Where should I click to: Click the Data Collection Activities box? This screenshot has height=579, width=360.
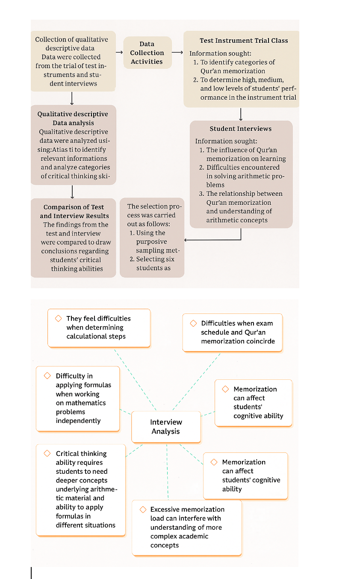pos(147,53)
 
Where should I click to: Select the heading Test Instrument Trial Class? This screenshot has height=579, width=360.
pos(244,41)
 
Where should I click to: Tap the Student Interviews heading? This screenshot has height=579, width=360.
pos(240,129)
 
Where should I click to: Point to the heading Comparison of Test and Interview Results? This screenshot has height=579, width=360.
pos(74,211)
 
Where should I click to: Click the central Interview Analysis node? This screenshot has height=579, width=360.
pos(166,427)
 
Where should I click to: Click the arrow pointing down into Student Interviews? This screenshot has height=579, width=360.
pos(241,114)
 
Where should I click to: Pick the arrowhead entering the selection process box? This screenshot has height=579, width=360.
pos(186,240)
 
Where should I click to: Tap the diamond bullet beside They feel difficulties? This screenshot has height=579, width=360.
pos(59,319)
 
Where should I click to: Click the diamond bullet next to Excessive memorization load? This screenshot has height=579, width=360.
pos(143,510)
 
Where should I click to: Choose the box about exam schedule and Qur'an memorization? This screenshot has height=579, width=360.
pos(233,333)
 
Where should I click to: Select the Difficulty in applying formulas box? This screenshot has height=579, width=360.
pos(78,399)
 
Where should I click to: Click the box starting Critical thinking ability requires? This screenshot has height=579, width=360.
pos(81,490)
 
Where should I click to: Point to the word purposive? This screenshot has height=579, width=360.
pos(152,242)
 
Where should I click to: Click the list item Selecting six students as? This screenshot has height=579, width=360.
pos(152,263)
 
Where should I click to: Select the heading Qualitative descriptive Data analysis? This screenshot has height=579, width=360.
pos(73,118)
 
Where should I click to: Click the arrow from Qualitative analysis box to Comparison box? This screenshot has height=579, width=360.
pos(73,191)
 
